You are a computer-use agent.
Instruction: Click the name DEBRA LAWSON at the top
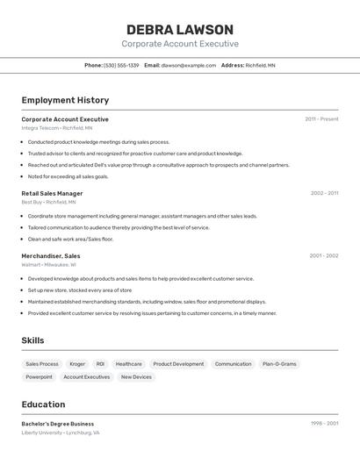coord(180,29)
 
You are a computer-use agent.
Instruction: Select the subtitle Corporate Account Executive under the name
coord(180,44)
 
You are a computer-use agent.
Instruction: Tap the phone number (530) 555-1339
coord(121,65)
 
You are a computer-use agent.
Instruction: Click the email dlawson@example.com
coord(188,65)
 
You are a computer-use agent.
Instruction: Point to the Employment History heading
coord(65,100)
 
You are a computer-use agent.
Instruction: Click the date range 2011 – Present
coord(321,119)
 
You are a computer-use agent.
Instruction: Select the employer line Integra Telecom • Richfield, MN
coord(57,128)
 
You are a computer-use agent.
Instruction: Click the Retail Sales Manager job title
coord(52,193)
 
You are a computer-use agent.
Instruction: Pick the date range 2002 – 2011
coord(324,193)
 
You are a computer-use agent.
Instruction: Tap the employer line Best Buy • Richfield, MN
coord(48,202)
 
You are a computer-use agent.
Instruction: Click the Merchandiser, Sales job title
coord(51,255)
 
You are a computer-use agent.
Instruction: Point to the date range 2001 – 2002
coord(324,255)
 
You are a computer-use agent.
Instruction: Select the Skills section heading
coord(32,340)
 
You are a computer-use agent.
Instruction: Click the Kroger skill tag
coord(77,363)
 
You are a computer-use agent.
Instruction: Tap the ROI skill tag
coord(100,363)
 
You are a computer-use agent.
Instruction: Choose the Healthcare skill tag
coord(128,363)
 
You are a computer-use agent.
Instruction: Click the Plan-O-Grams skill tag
coord(279,363)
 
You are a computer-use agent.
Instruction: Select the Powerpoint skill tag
coord(39,376)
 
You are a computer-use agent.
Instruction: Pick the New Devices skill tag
coord(136,376)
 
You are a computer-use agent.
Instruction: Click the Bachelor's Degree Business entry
coord(58,424)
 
